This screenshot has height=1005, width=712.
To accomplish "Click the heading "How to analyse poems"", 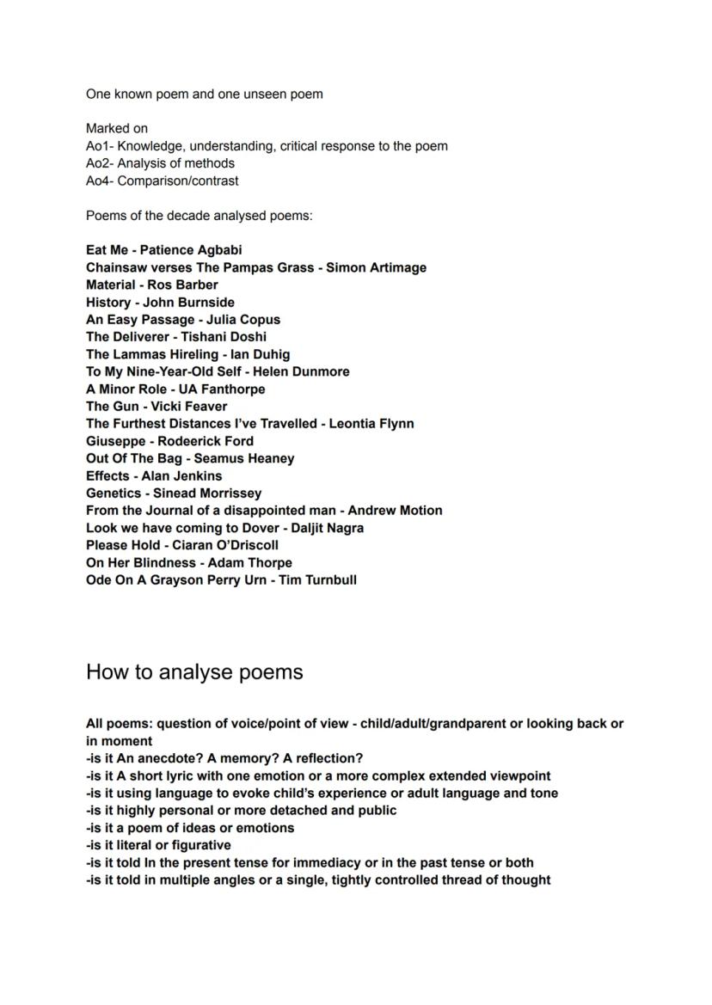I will pos(194,671).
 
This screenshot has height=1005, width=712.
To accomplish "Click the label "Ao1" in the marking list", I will pos(97,146).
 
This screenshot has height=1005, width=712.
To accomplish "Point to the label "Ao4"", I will pos(97,181).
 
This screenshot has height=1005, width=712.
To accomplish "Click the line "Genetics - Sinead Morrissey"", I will pos(174,493).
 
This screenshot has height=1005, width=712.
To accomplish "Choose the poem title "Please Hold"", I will pos(122,545).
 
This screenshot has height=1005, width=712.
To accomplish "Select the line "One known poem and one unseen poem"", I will pos(204,94).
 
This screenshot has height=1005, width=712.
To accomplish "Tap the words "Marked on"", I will pos(117,128).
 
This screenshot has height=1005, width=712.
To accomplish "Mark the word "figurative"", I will pos(196,845).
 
